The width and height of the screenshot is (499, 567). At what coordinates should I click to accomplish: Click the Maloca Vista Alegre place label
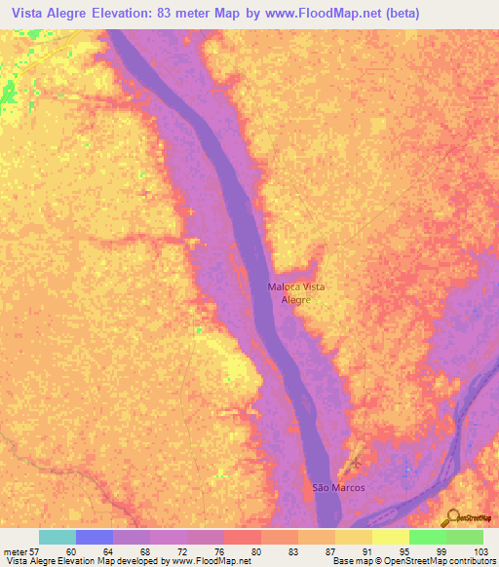point(296,293)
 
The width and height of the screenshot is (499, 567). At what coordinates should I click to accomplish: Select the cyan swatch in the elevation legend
point(58,537)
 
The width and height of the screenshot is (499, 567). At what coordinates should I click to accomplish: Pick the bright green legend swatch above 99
point(428,537)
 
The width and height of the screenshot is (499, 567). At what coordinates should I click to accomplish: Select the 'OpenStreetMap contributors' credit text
point(434,561)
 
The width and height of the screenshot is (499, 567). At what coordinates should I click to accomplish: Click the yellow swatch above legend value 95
point(391,537)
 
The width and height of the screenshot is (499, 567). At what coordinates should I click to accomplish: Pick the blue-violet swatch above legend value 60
point(95,537)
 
